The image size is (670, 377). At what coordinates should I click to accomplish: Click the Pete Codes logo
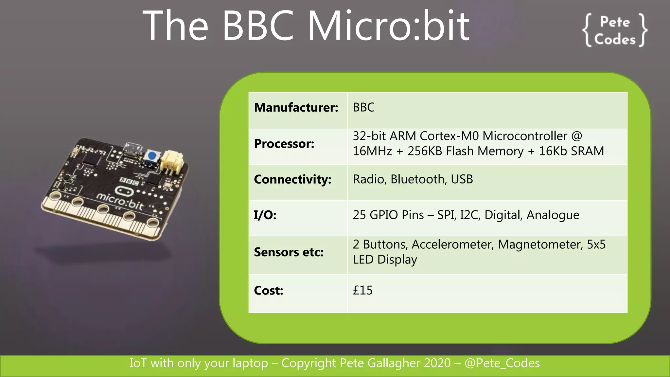tap(615, 30)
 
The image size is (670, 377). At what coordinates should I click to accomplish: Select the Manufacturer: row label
tap(296, 107)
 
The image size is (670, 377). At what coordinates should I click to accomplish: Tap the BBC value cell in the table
tap(363, 107)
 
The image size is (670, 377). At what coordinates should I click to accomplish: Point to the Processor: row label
tap(284, 144)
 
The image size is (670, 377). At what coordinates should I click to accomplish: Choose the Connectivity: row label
tap(292, 179)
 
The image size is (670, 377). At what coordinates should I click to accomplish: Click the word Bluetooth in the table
tap(417, 179)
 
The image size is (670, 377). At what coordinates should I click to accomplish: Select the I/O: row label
tap(265, 215)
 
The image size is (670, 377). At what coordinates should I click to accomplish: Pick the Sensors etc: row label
tap(289, 252)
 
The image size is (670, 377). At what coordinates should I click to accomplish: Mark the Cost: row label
tap(268, 290)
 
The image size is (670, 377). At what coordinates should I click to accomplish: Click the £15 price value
tap(362, 290)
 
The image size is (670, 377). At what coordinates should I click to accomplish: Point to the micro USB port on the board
tap(133, 148)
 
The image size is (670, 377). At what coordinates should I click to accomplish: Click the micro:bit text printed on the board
tap(120, 201)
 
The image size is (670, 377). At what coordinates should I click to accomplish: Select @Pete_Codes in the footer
tap(502, 363)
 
